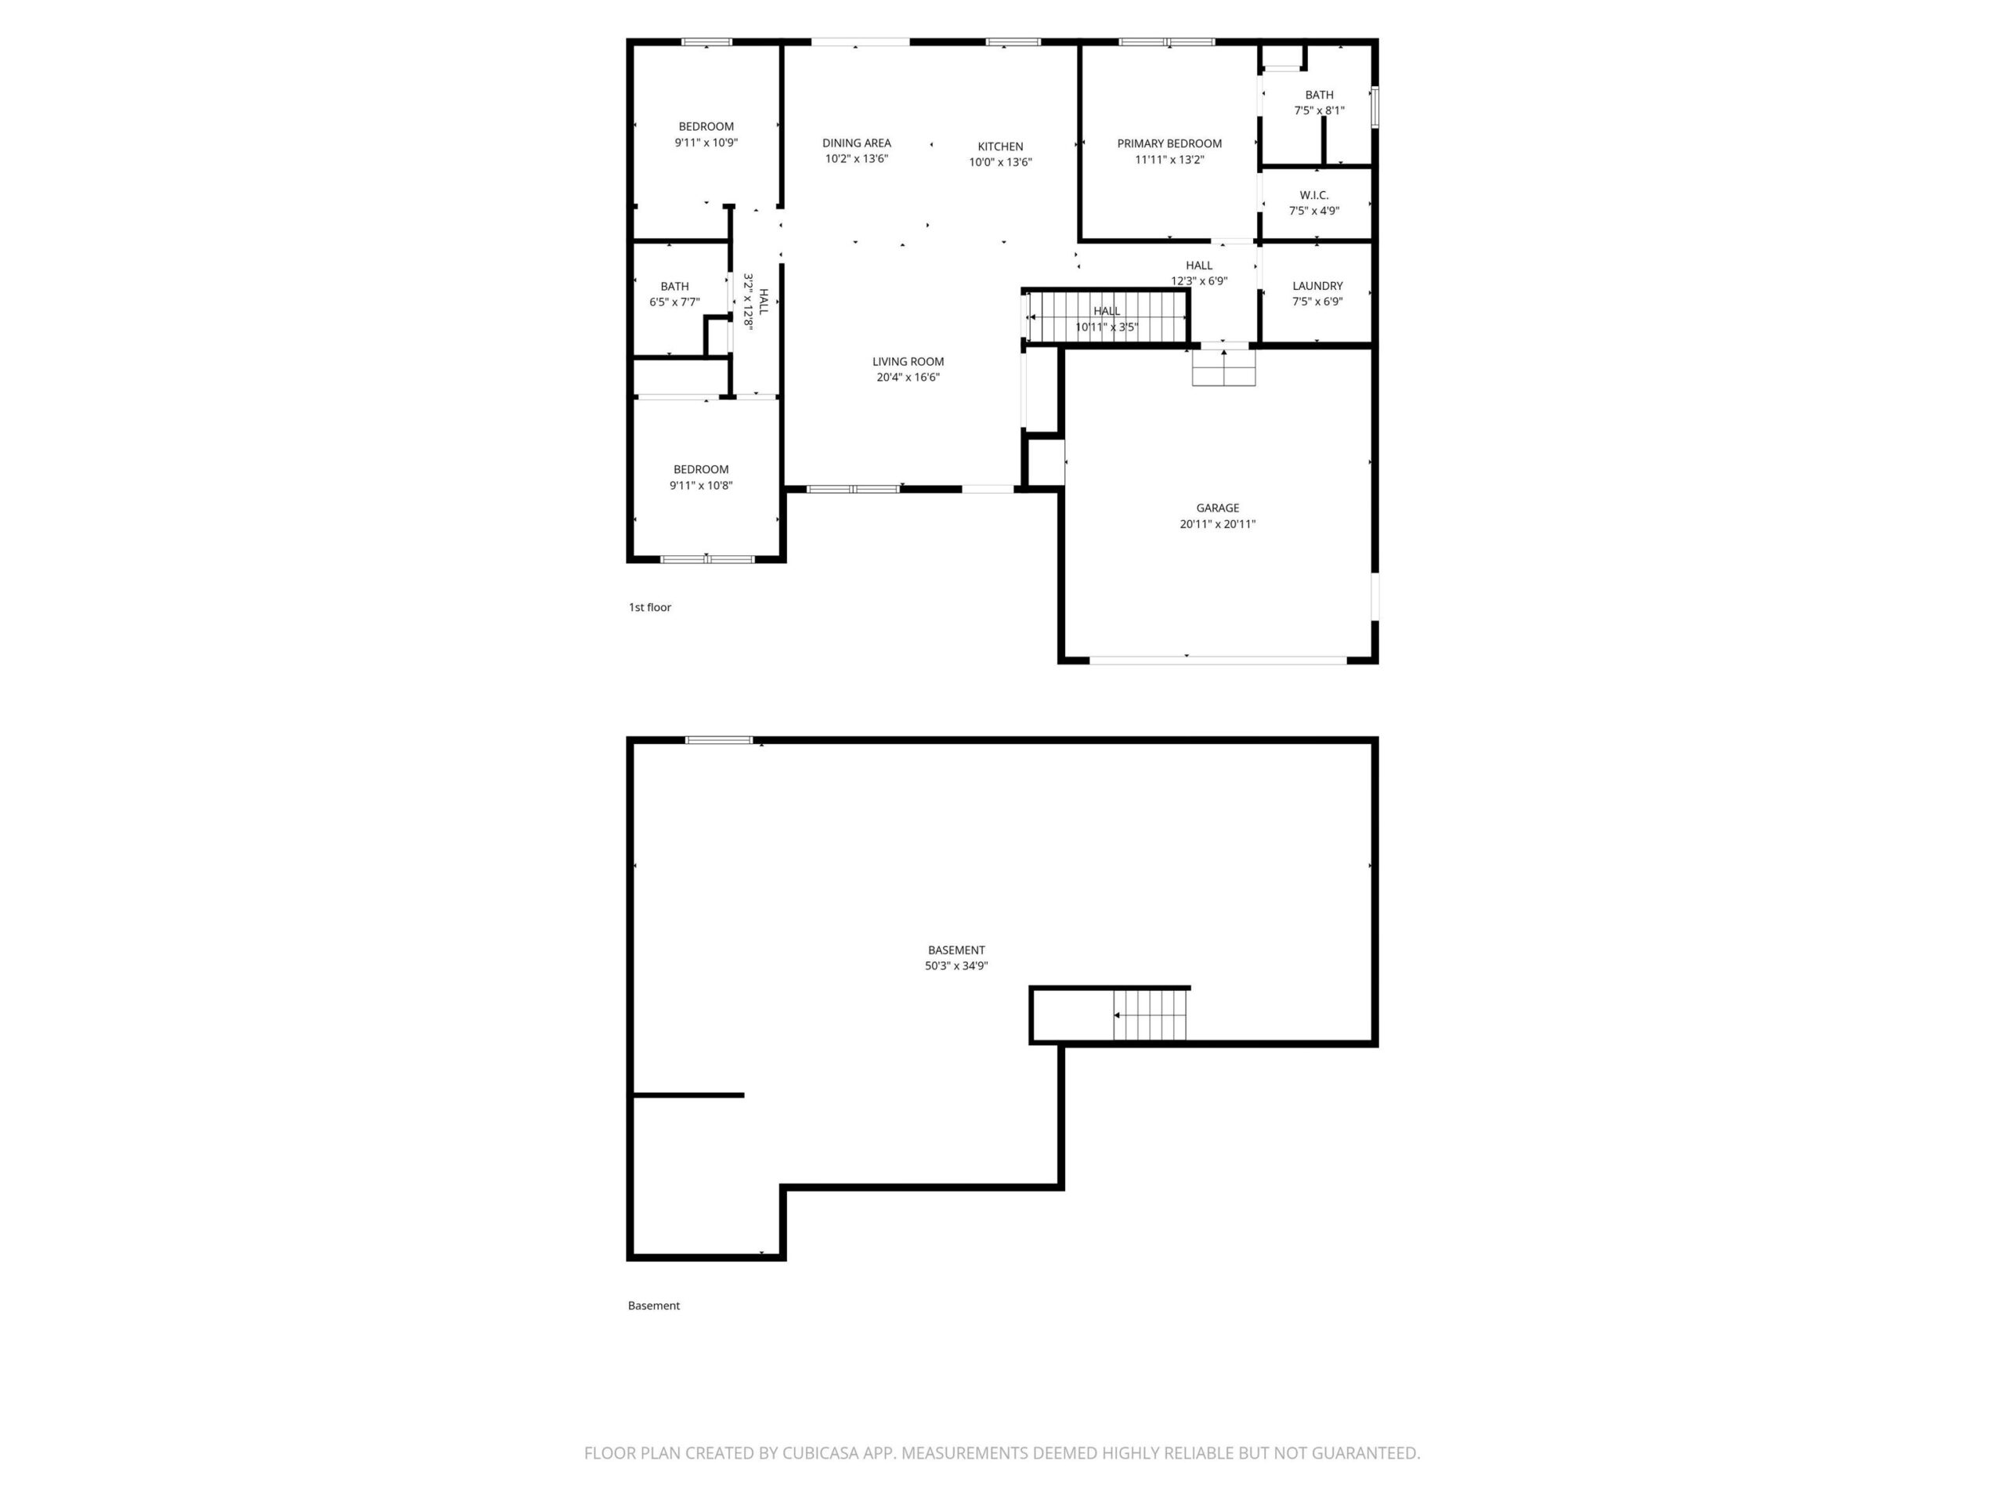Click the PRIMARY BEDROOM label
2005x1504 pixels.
pos(1169,143)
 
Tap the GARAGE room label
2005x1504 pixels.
pos(1217,508)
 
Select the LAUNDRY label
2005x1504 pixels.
pos(1317,286)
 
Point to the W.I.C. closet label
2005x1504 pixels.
pos(1313,195)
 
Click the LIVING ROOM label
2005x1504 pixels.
pos(909,362)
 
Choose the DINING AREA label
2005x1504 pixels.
pos(857,143)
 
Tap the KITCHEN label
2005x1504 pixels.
pos(1000,146)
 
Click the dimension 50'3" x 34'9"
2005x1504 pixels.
pos(956,967)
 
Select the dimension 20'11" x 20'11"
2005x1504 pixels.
pos(1217,524)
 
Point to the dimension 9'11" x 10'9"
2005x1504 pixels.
pos(706,143)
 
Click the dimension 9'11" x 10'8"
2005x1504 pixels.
pos(701,486)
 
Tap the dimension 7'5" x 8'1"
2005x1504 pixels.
pos(1319,110)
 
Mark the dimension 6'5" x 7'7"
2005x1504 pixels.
pos(674,302)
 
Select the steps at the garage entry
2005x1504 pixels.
pos(1223,367)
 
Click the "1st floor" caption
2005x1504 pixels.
pos(650,607)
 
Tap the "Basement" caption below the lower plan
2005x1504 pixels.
pos(653,1306)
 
